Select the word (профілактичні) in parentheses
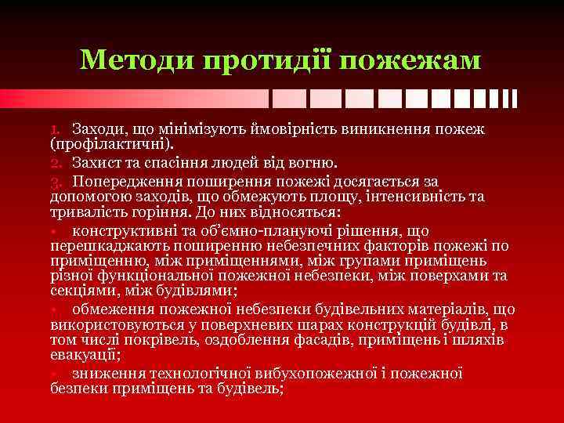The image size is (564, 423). click(101, 145)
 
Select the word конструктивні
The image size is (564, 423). click(125, 231)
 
